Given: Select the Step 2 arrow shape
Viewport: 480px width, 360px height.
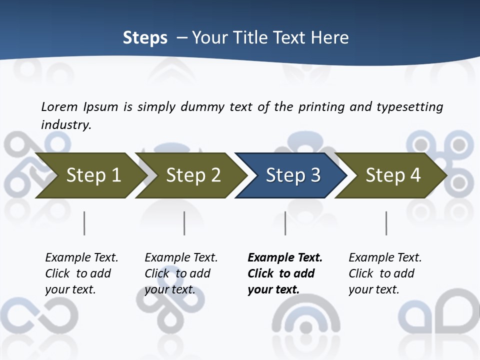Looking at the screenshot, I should [192, 175].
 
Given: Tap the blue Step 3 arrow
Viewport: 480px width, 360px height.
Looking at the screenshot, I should [292, 175].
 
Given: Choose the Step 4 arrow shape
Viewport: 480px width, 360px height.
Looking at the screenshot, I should [392, 175].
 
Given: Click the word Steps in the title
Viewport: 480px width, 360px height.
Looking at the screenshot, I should [145, 38].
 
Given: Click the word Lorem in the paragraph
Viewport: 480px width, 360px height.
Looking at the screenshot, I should [59, 106].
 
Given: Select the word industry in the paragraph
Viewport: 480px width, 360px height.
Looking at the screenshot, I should [66, 124].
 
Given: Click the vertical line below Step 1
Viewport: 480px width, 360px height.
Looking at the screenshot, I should [84, 223].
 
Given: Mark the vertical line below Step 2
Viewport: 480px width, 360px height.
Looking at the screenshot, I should [184, 223].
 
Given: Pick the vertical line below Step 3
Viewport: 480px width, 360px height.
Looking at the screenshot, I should [285, 223].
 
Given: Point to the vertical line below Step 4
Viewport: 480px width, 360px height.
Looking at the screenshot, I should [386, 223].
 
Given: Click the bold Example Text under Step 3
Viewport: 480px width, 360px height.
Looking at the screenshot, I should [285, 258].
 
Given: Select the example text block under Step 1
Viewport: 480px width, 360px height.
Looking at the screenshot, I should [81, 273].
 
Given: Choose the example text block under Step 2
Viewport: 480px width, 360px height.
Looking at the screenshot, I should [181, 273].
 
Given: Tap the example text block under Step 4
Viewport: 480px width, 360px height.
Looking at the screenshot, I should [385, 273].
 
